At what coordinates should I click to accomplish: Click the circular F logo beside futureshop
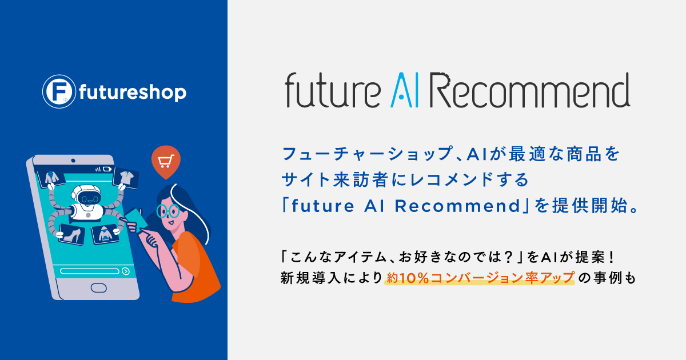pos(57,91)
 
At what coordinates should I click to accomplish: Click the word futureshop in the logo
pos(133,92)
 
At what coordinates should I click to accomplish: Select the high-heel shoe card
pos(73,234)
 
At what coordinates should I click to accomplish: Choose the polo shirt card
pos(126,177)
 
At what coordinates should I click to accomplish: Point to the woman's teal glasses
pos(167,211)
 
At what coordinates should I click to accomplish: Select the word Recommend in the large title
pos(529,91)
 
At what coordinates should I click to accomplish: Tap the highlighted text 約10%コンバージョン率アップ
pos(480,278)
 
